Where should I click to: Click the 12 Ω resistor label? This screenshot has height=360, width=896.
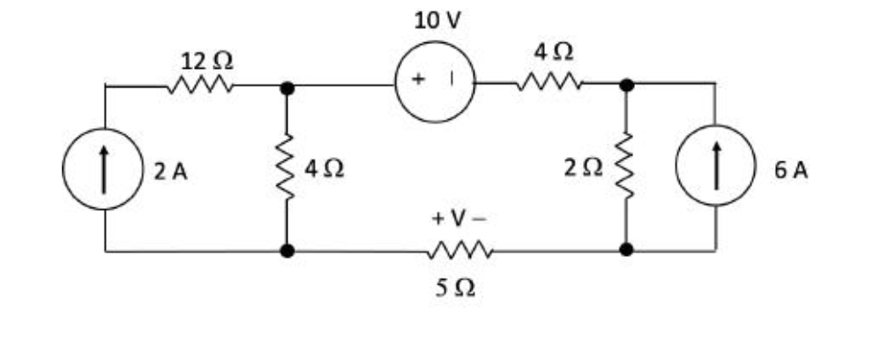pyautogui.click(x=207, y=61)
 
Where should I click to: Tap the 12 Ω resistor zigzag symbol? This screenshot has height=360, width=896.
pyautogui.click(x=199, y=86)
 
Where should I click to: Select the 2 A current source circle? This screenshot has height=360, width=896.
pyautogui.click(x=104, y=169)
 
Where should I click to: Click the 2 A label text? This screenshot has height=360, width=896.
pyautogui.click(x=170, y=171)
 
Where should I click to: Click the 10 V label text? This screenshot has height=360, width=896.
pyautogui.click(x=437, y=21)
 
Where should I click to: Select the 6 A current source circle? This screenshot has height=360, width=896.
pyautogui.click(x=715, y=168)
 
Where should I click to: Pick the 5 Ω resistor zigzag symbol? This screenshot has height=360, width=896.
pyautogui.click(x=459, y=251)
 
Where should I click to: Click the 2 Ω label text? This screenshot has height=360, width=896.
pyautogui.click(x=585, y=169)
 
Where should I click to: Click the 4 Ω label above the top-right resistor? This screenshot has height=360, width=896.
pyautogui.click(x=554, y=52)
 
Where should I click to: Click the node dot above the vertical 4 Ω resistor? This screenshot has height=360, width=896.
pyautogui.click(x=286, y=87)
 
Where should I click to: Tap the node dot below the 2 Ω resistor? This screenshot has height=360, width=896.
pyautogui.click(x=626, y=251)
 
